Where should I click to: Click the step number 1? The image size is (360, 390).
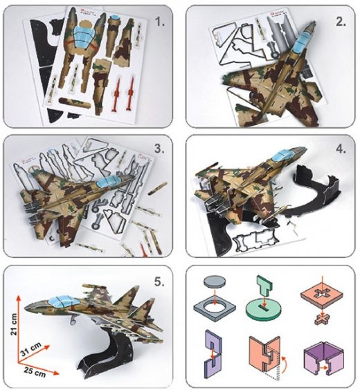pos(160,22)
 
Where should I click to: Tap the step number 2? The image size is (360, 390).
pos(341,22)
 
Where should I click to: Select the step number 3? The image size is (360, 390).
pos(159,149)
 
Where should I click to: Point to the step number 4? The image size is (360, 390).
pos(341,149)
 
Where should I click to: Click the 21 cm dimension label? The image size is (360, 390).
pos(14,324)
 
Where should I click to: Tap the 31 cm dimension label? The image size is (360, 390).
pos(30,349)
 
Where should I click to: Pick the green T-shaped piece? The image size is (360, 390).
pos(264,286)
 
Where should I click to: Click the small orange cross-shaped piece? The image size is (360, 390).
pos(322,319)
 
